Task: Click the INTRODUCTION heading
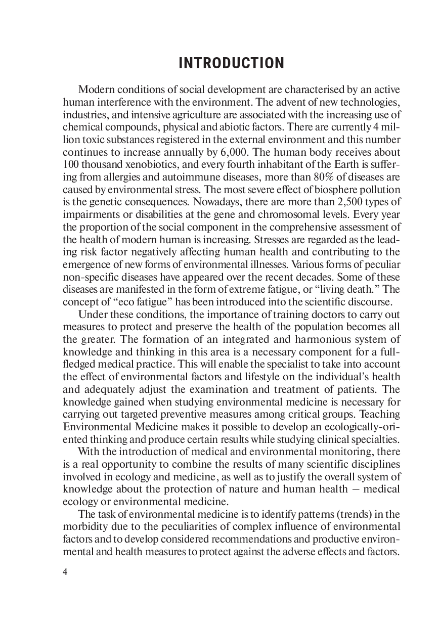232,64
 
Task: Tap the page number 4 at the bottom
65,572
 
